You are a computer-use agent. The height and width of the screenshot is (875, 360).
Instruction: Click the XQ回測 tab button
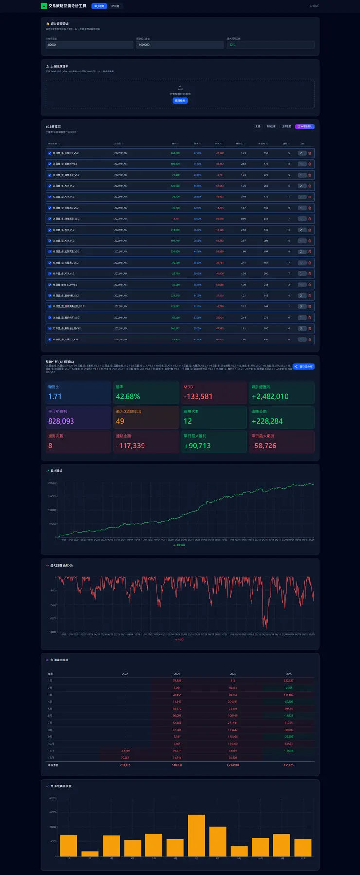pos(99,6)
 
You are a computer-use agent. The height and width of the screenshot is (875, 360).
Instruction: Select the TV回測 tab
pos(115,6)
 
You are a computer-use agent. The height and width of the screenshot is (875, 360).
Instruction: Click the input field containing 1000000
pos(180,45)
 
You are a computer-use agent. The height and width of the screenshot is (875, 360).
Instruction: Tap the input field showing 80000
pos(89,45)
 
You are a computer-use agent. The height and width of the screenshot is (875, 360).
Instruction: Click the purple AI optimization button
pos(305,126)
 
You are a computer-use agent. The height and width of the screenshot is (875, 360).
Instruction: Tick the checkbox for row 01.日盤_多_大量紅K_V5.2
pos(50,153)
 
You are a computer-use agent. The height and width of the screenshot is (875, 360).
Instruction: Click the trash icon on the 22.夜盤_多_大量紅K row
pos(310,339)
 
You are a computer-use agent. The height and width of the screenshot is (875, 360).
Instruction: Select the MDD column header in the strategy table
pos(218,144)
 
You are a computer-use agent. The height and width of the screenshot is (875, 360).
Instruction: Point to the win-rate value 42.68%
pos(127,397)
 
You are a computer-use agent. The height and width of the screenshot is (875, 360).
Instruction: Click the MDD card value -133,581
pos(198,397)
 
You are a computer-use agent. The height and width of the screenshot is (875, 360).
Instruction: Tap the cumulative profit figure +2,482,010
pos(270,397)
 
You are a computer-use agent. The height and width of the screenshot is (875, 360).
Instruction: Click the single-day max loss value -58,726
pos(264,446)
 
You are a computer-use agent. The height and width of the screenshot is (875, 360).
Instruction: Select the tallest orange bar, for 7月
pos(197,835)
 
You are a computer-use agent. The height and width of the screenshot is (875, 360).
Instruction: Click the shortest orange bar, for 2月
pos(90,854)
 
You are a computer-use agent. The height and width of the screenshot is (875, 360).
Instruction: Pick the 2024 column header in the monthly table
pos(233,674)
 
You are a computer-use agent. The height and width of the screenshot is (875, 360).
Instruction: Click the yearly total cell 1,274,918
pos(233,765)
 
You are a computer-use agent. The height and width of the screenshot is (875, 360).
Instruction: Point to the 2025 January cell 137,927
pos(288,681)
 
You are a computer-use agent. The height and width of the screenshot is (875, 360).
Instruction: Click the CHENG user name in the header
pos(314,6)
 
